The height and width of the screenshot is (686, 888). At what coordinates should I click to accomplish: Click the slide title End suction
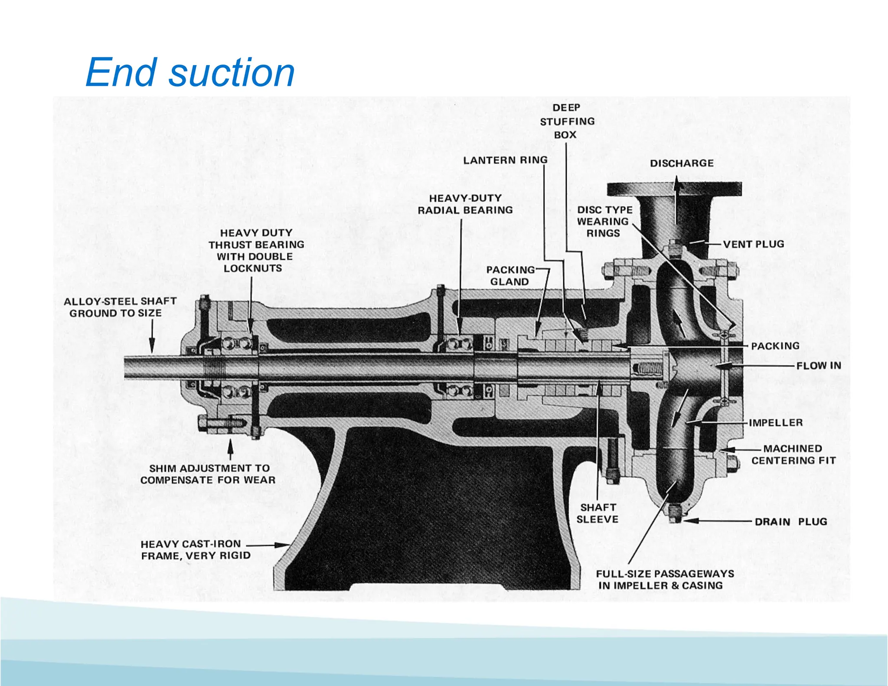pyautogui.click(x=190, y=72)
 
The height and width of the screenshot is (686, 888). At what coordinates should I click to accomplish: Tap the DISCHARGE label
pyautogui.click(x=682, y=163)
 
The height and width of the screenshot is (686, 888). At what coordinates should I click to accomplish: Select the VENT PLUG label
pyautogui.click(x=754, y=244)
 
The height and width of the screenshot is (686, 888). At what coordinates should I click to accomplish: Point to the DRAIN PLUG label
pyautogui.click(x=791, y=522)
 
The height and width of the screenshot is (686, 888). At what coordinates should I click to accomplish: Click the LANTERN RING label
pyautogui.click(x=505, y=160)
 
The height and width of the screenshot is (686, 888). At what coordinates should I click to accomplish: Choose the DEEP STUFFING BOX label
pyautogui.click(x=567, y=121)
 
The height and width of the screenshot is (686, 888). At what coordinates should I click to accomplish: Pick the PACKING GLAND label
pyautogui.click(x=510, y=276)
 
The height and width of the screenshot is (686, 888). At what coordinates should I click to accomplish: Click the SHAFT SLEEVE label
pyautogui.click(x=597, y=513)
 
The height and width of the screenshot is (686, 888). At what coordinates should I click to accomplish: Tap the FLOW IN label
pyautogui.click(x=819, y=366)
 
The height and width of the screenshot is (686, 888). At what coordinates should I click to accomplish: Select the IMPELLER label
pyautogui.click(x=776, y=423)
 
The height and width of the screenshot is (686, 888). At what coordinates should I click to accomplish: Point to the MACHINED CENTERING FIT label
pyautogui.click(x=793, y=454)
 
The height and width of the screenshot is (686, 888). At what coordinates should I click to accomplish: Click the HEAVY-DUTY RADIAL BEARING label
pyautogui.click(x=465, y=204)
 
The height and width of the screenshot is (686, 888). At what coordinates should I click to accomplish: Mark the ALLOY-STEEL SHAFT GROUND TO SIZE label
pyautogui.click(x=120, y=307)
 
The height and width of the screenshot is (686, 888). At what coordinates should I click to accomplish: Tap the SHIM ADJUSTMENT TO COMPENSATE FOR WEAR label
pyautogui.click(x=209, y=474)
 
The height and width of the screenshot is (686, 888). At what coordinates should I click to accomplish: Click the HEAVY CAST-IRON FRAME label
pyautogui.click(x=196, y=550)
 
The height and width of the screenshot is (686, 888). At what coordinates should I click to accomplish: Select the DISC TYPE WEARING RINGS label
pyautogui.click(x=604, y=222)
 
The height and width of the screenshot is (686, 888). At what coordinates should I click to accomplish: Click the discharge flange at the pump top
pyautogui.click(x=674, y=189)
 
